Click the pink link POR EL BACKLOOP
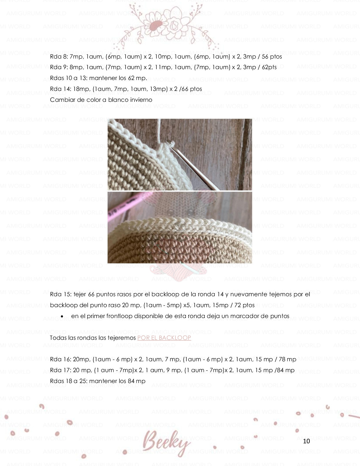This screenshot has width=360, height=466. pyautogui.click(x=164, y=338)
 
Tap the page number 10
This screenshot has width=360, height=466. pyautogui.click(x=306, y=441)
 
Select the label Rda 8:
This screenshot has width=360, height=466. pyautogui.click(x=59, y=56)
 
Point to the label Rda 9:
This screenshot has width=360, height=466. pyautogui.click(x=59, y=67)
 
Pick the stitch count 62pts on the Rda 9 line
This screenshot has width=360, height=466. pyautogui.click(x=269, y=67)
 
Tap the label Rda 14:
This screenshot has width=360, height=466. pyautogui.click(x=60, y=89)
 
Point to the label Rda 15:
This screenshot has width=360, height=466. pyautogui.click(x=60, y=294)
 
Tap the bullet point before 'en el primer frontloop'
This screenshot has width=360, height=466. pyautogui.click(x=62, y=316)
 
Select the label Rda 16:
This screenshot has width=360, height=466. pyautogui.click(x=60, y=359)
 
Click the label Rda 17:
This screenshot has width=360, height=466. pyautogui.click(x=60, y=370)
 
